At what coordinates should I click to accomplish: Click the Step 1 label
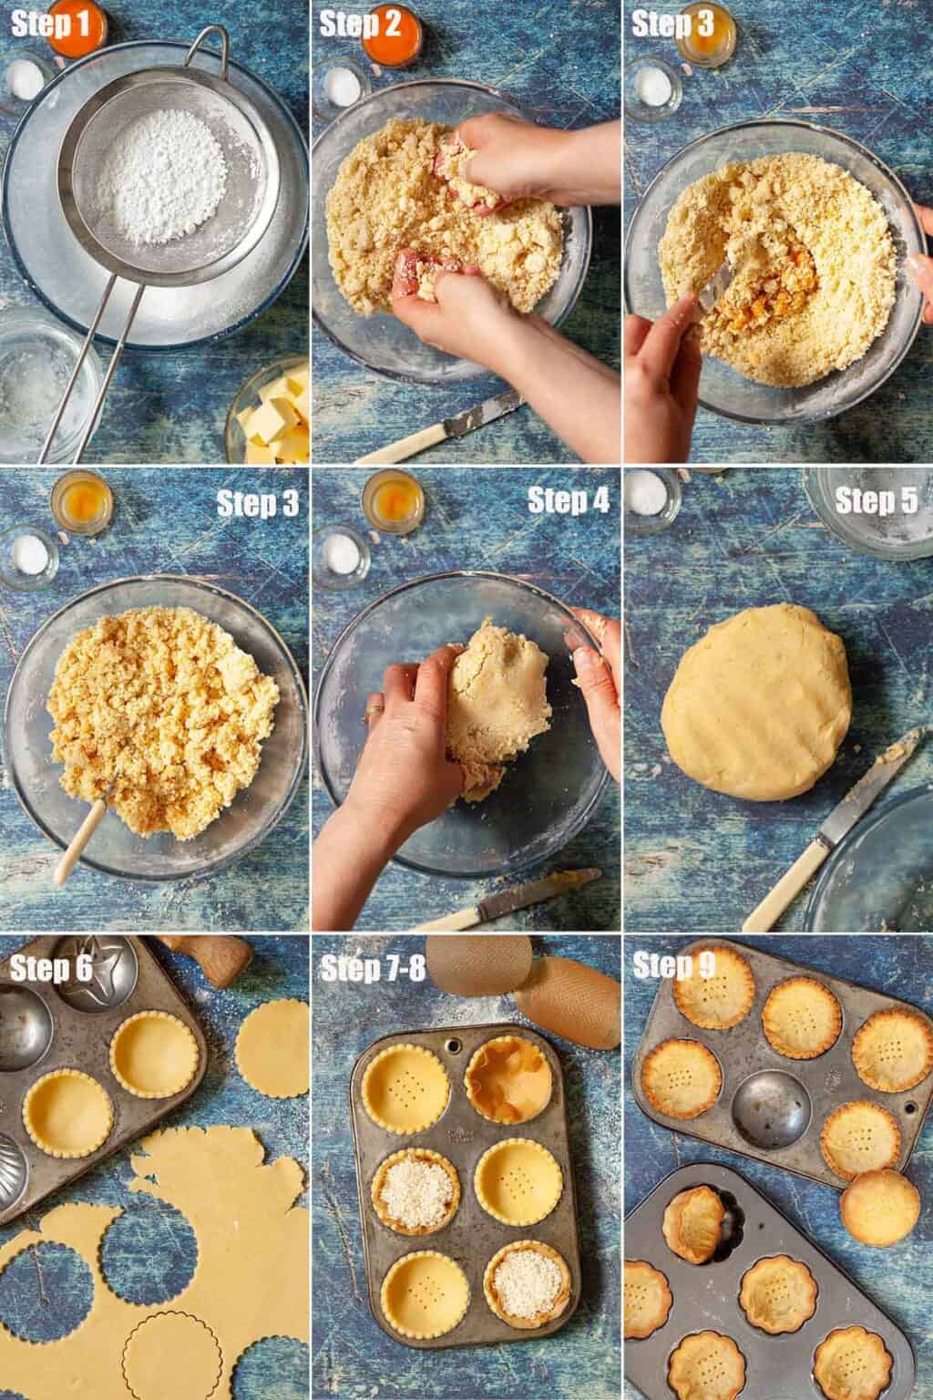pyautogui.click(x=51, y=25)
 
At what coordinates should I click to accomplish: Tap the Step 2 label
pyautogui.click(x=360, y=25)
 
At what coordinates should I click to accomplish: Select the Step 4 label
pyautogui.click(x=568, y=500)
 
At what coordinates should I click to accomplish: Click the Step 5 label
pyautogui.click(x=877, y=500)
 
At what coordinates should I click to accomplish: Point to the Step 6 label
pyautogui.click(x=51, y=969)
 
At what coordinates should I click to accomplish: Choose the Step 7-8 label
pyautogui.click(x=373, y=969)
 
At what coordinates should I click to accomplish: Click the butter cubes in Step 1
pyautogui.click(x=275, y=415)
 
